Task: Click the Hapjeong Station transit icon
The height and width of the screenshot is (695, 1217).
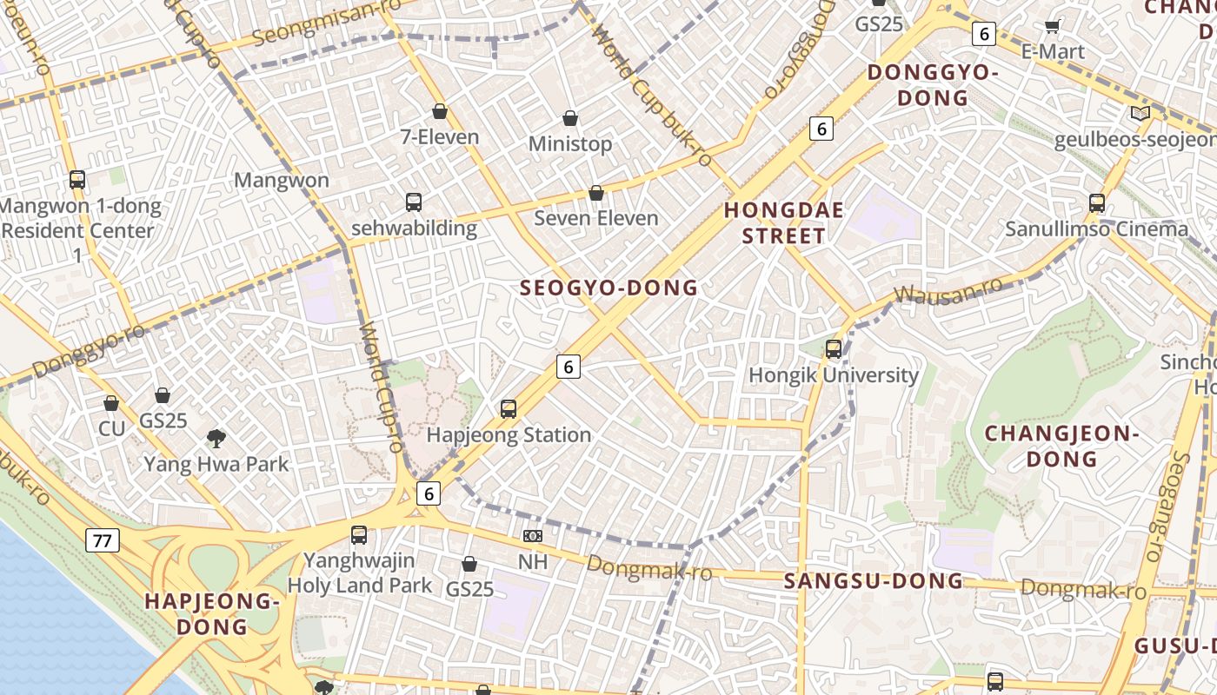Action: (509, 408)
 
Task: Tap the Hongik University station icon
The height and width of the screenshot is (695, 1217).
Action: (834, 349)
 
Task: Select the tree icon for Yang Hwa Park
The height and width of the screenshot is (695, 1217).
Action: (216, 439)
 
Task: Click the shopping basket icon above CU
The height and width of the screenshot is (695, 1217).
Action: (111, 403)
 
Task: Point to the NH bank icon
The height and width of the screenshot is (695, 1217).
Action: (533, 537)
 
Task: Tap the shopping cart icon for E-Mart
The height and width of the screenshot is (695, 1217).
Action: (1053, 26)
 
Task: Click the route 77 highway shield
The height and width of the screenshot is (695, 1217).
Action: (103, 541)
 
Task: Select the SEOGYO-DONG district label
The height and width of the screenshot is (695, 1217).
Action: (608, 288)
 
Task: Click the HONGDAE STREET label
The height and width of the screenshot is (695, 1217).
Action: (774, 223)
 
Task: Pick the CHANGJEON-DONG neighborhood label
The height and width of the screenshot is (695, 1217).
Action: (1061, 446)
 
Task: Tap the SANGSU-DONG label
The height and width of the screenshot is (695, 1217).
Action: (874, 581)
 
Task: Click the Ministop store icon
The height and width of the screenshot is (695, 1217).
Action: (570, 118)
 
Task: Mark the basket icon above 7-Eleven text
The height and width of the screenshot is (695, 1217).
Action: (440, 111)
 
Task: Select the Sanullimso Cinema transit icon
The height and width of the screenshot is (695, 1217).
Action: (1097, 203)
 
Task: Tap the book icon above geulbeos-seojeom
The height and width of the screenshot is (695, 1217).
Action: (1140, 113)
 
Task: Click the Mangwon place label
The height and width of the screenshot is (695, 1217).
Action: (282, 181)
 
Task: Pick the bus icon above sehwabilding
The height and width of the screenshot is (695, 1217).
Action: (414, 202)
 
